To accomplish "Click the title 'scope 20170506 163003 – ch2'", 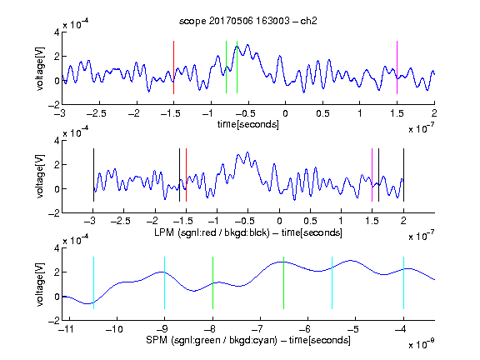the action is [x=248, y=21].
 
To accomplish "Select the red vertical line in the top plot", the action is [x=173, y=67].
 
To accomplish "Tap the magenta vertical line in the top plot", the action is [x=397, y=67].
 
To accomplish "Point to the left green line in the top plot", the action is [x=226, y=67].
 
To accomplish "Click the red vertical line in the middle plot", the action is [x=186, y=175].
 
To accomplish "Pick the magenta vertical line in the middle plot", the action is [x=372, y=175].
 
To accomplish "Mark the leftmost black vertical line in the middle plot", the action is [x=93, y=175].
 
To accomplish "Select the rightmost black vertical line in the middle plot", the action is [x=403, y=175].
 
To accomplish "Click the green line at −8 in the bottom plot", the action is [x=212, y=282].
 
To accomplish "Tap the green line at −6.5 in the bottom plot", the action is [x=284, y=282].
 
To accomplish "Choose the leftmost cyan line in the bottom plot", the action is [x=93, y=282].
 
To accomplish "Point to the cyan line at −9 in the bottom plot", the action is [x=164, y=282].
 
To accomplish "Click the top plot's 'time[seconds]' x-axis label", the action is [x=248, y=124].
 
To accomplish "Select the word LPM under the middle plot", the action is [x=164, y=232].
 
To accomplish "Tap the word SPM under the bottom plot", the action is [x=157, y=340].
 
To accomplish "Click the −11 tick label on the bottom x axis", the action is [x=66, y=329].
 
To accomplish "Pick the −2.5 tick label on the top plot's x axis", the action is [x=97, y=113].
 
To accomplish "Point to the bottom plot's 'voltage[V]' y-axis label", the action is [x=40, y=285].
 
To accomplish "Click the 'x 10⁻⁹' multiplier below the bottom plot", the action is [x=422, y=343].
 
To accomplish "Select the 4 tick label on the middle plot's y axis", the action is [x=57, y=141].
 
